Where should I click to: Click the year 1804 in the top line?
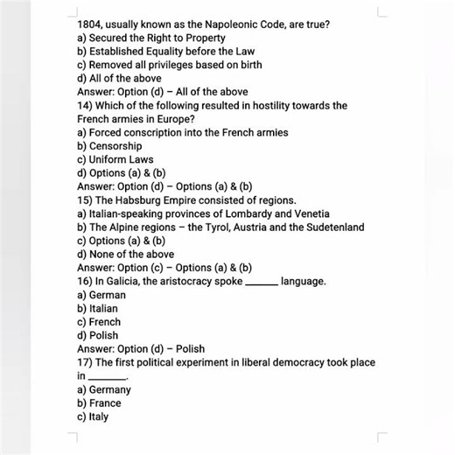tap(89, 24)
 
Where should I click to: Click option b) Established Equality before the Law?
tap(165, 52)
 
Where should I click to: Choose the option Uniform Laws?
tap(121, 159)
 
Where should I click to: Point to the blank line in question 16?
tap(262, 283)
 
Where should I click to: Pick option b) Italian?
tap(98, 308)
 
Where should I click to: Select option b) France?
tap(99, 402)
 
